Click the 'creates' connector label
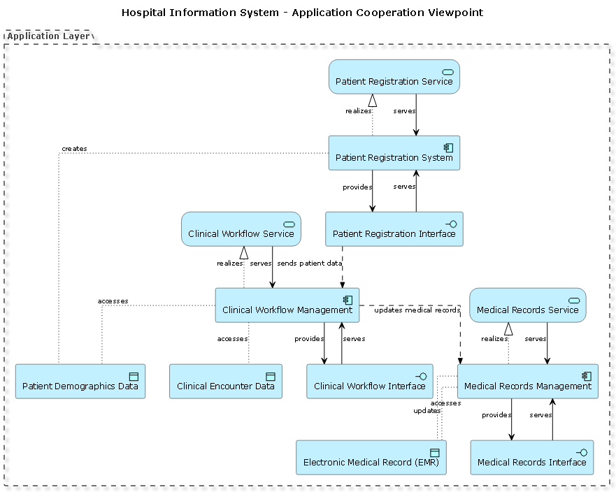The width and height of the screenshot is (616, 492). pyautogui.click(x=74, y=149)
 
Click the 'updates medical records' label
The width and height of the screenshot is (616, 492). pyautogui.click(x=417, y=310)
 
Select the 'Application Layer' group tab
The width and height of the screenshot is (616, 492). pyautogui.click(x=48, y=36)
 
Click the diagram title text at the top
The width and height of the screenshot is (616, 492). pyautogui.click(x=302, y=13)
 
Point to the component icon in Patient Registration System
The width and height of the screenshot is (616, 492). pyautogui.click(x=448, y=147)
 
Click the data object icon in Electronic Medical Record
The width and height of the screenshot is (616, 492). pyautogui.click(x=434, y=452)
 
